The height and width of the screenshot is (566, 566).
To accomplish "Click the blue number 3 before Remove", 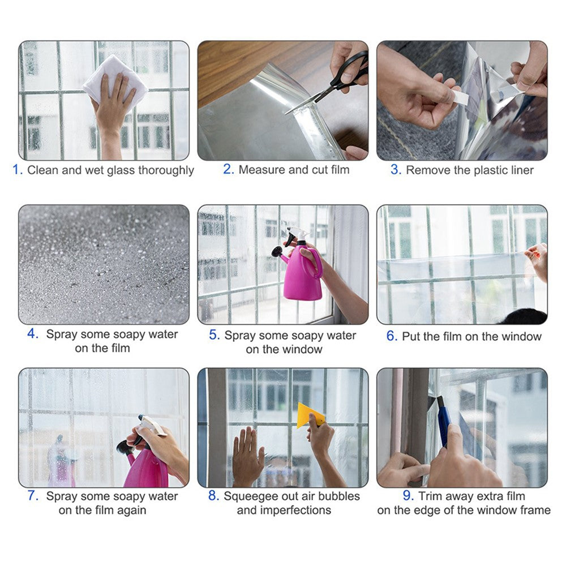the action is click(396, 170).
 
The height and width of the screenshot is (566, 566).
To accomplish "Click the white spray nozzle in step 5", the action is click(298, 233).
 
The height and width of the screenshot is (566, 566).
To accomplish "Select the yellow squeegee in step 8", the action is click(310, 415).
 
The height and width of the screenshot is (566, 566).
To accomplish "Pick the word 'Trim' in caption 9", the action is click(430, 496).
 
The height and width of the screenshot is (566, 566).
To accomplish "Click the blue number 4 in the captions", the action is click(32, 334).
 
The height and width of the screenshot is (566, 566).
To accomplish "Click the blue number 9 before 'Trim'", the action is click(408, 496).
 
